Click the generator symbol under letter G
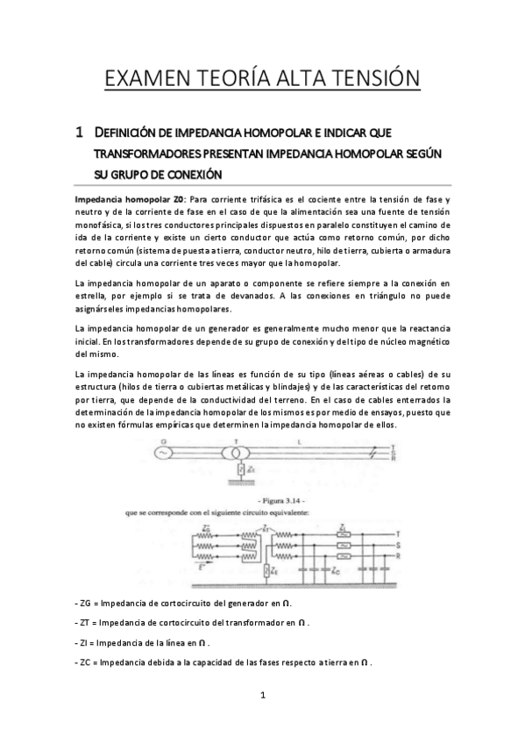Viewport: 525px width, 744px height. (161, 453)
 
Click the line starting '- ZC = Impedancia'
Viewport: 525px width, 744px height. (224, 662)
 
